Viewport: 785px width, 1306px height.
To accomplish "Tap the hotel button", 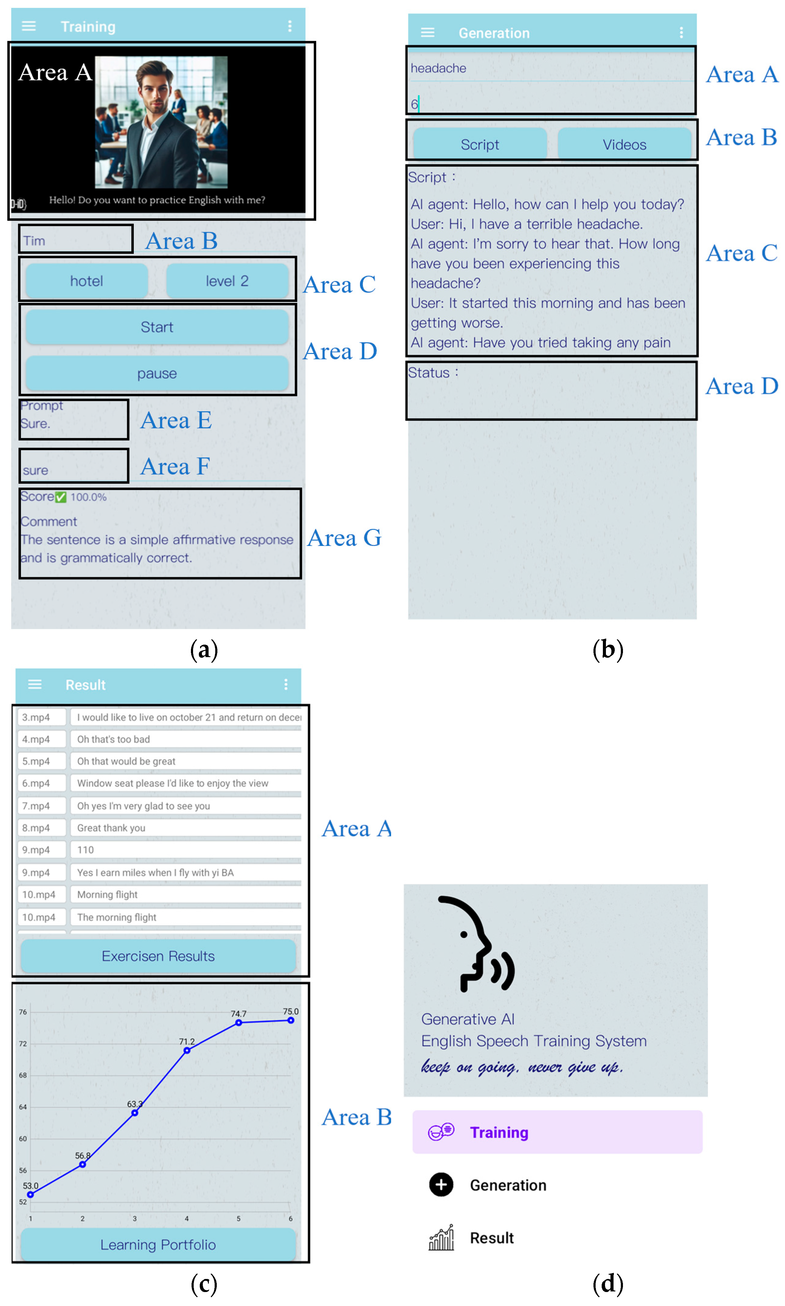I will point(87,281).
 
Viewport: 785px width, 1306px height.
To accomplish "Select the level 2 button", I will point(227,281).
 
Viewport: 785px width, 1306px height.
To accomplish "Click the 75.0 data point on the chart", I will point(291,1020).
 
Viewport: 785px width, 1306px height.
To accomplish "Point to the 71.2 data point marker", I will point(187,1050).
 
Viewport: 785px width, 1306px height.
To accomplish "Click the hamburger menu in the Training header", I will point(29,26).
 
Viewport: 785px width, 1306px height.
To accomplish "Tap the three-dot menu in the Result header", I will point(286,684).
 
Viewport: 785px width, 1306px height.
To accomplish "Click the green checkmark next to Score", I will point(61,497).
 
